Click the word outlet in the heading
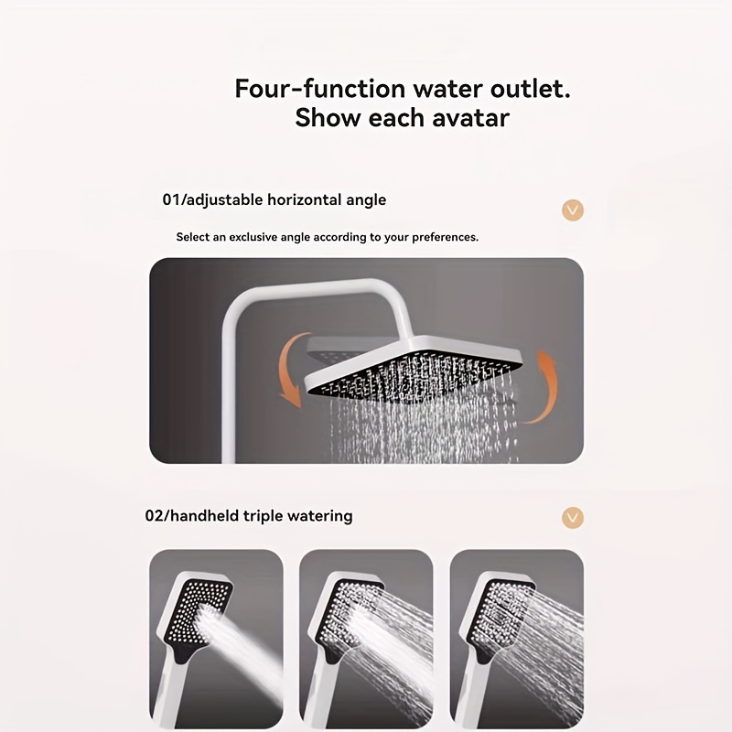[x=531, y=88]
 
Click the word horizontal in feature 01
[x=305, y=199]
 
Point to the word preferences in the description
[x=446, y=237]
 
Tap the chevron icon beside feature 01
[x=573, y=210]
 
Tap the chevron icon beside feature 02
[x=573, y=518]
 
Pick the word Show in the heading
[x=328, y=118]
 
